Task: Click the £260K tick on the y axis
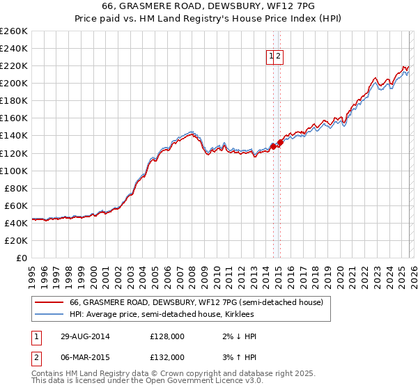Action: click(x=14, y=31)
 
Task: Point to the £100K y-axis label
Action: click(x=14, y=171)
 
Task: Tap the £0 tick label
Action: click(x=22, y=258)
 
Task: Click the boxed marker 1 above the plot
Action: click(x=270, y=57)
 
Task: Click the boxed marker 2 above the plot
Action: click(x=279, y=57)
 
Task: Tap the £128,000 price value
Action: click(x=167, y=336)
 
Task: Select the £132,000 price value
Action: click(x=167, y=357)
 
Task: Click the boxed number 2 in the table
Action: click(x=35, y=357)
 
